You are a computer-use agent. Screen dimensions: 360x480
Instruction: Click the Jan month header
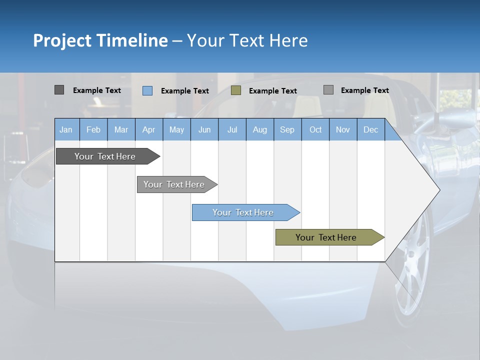pos(66,129)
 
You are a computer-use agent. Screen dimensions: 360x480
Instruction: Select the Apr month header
pos(149,129)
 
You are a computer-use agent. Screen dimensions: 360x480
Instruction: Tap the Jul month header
pos(232,129)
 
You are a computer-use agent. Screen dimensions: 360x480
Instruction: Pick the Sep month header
pos(287,129)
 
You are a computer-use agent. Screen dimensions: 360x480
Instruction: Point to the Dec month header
pos(370,129)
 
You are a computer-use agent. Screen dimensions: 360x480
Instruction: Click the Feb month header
pos(93,129)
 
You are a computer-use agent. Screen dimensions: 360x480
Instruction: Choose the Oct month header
pos(315,129)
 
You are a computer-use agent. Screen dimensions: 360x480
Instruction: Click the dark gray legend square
pos(59,90)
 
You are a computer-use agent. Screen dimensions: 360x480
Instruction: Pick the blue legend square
pos(147,90)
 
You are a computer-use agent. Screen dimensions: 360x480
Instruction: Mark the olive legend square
pos(236,90)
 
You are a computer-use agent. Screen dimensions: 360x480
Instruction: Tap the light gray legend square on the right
pos(328,90)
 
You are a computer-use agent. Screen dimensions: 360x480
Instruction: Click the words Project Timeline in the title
pos(100,40)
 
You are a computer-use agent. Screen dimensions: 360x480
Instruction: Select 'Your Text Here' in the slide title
pos(247,40)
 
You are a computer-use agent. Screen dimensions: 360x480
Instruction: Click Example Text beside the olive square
pos(272,91)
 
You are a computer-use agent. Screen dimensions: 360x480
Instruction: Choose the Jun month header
pos(204,129)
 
